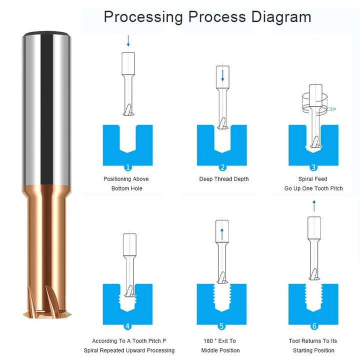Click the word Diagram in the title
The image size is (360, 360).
click(x=281, y=17)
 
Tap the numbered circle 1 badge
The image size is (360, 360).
click(x=128, y=167)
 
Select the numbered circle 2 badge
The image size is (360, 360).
click(x=222, y=167)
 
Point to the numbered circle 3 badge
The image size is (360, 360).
click(x=313, y=167)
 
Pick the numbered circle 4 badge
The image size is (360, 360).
click(x=127, y=326)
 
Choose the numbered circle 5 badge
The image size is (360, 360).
click(x=221, y=326)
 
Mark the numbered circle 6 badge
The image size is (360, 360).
click(x=314, y=326)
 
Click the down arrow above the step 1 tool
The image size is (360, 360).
click(x=128, y=41)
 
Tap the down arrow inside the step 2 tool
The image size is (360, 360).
click(x=222, y=76)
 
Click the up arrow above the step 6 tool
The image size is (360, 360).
click(x=314, y=206)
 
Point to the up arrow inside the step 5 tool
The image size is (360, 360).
click(x=222, y=234)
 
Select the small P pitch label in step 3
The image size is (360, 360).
click(x=334, y=109)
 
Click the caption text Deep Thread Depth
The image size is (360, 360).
click(x=224, y=179)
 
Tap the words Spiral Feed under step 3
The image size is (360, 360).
click(x=312, y=179)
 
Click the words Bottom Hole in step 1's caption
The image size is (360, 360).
click(x=126, y=188)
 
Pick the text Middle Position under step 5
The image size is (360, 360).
click(x=220, y=350)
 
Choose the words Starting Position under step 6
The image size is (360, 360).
click(x=313, y=350)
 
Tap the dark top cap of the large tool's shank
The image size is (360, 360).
click(x=46, y=34)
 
